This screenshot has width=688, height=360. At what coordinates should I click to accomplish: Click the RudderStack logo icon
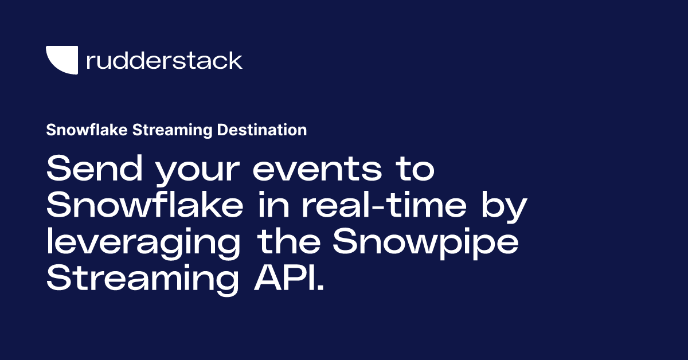tap(61, 60)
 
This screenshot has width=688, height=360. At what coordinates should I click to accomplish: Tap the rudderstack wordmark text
tap(164, 60)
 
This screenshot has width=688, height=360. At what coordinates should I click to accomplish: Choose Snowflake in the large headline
tap(143, 205)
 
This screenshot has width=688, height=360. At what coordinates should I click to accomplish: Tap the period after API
tap(320, 287)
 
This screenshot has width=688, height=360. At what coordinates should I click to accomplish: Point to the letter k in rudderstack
tap(235, 60)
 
